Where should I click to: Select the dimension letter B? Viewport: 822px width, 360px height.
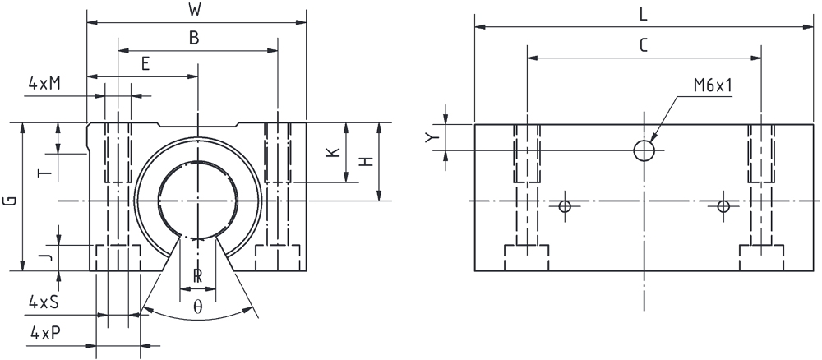coord(195,39)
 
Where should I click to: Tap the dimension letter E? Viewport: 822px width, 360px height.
coord(145,63)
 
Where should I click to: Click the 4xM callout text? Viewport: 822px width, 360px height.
coord(44,83)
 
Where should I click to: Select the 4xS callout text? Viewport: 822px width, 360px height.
coord(43,302)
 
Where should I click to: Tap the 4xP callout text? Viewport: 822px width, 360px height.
coord(44,333)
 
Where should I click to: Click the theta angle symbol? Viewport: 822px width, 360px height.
coord(197,307)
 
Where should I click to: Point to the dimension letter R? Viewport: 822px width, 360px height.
coord(197,276)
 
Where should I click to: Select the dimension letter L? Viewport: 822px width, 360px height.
coord(644,15)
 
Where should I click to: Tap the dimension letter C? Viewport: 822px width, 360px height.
coord(644,45)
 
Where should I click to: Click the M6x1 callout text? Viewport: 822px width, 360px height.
coord(712,86)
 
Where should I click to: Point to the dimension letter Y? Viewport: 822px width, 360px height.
coord(431,137)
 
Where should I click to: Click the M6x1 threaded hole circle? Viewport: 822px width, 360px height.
coord(644,150)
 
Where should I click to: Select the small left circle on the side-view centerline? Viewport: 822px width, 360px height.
coord(565,206)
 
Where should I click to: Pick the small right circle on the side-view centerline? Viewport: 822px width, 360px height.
coord(723,206)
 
